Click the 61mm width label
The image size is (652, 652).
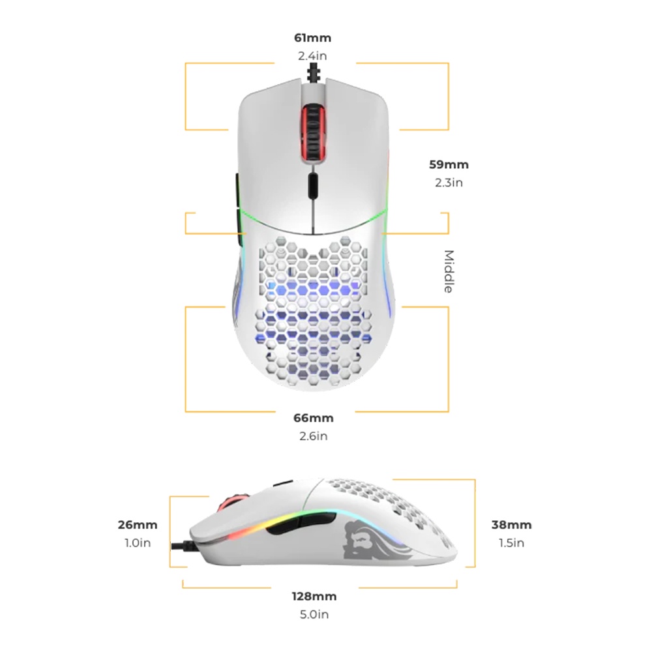tap(312, 38)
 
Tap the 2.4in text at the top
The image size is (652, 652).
tap(312, 56)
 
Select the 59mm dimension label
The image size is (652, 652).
tap(449, 164)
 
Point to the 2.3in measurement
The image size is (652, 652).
tap(449, 183)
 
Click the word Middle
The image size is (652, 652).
tap(449, 271)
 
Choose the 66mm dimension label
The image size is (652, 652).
tap(314, 417)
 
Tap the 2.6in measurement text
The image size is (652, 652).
tap(314, 436)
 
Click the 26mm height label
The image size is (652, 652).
tap(138, 524)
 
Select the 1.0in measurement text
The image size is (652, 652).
tap(138, 542)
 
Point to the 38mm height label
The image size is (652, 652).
tap(512, 524)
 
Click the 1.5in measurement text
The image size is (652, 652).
tap(512, 542)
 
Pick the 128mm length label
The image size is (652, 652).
tap(314, 596)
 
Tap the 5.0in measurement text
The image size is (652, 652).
tap(314, 614)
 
